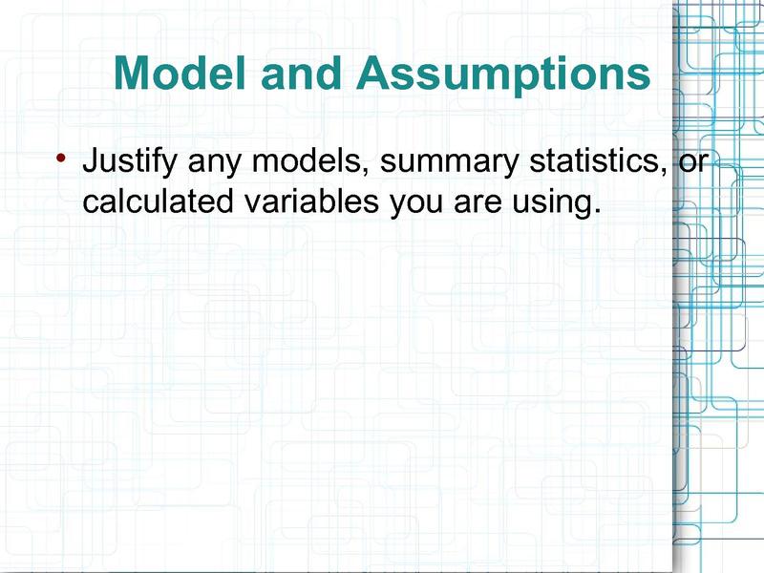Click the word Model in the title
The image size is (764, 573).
pyautogui.click(x=180, y=74)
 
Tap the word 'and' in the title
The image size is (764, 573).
pyautogui.click(x=301, y=74)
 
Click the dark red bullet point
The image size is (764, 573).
pyautogui.click(x=60, y=158)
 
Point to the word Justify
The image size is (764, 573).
pyautogui.click(x=130, y=161)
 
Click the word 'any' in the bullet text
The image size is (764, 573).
pyautogui.click(x=214, y=165)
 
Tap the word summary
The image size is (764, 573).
pyautogui.click(x=449, y=165)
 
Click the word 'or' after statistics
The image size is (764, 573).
pyautogui.click(x=692, y=163)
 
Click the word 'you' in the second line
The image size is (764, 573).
pyautogui.click(x=416, y=203)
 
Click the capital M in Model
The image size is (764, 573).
pyautogui.click(x=132, y=74)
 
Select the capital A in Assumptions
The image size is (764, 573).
pyautogui.click(x=374, y=74)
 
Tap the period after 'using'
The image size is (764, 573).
pyautogui.click(x=596, y=211)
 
